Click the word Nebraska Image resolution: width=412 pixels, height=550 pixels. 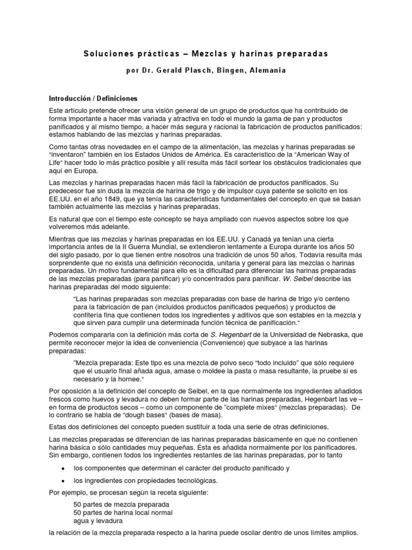pyautogui.click(x=340, y=334)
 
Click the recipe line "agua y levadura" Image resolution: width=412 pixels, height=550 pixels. pyautogui.click(x=98, y=520)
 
